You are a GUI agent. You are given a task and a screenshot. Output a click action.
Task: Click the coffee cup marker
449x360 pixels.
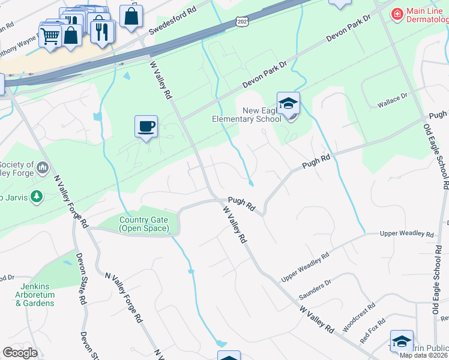point(146,127)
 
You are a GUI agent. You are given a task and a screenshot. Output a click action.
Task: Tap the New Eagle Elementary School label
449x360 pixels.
point(247,115)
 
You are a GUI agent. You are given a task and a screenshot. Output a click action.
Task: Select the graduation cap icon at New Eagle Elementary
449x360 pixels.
point(288,103)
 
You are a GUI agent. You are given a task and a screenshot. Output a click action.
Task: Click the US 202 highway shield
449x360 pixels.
point(242,22)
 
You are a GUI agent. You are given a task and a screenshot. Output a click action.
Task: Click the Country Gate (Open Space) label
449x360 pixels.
point(143,224)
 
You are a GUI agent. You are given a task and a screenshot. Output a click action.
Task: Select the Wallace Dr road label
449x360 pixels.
point(392,100)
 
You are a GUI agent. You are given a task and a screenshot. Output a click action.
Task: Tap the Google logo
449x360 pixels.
point(20,352)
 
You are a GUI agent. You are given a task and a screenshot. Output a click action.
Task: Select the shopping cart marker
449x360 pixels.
point(50,37)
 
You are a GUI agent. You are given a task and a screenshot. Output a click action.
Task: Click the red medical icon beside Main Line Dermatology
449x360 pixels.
point(396,13)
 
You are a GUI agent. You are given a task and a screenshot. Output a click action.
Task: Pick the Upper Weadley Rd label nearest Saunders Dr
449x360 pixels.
point(306,268)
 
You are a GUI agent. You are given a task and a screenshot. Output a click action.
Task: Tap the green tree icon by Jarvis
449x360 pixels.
point(37,196)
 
